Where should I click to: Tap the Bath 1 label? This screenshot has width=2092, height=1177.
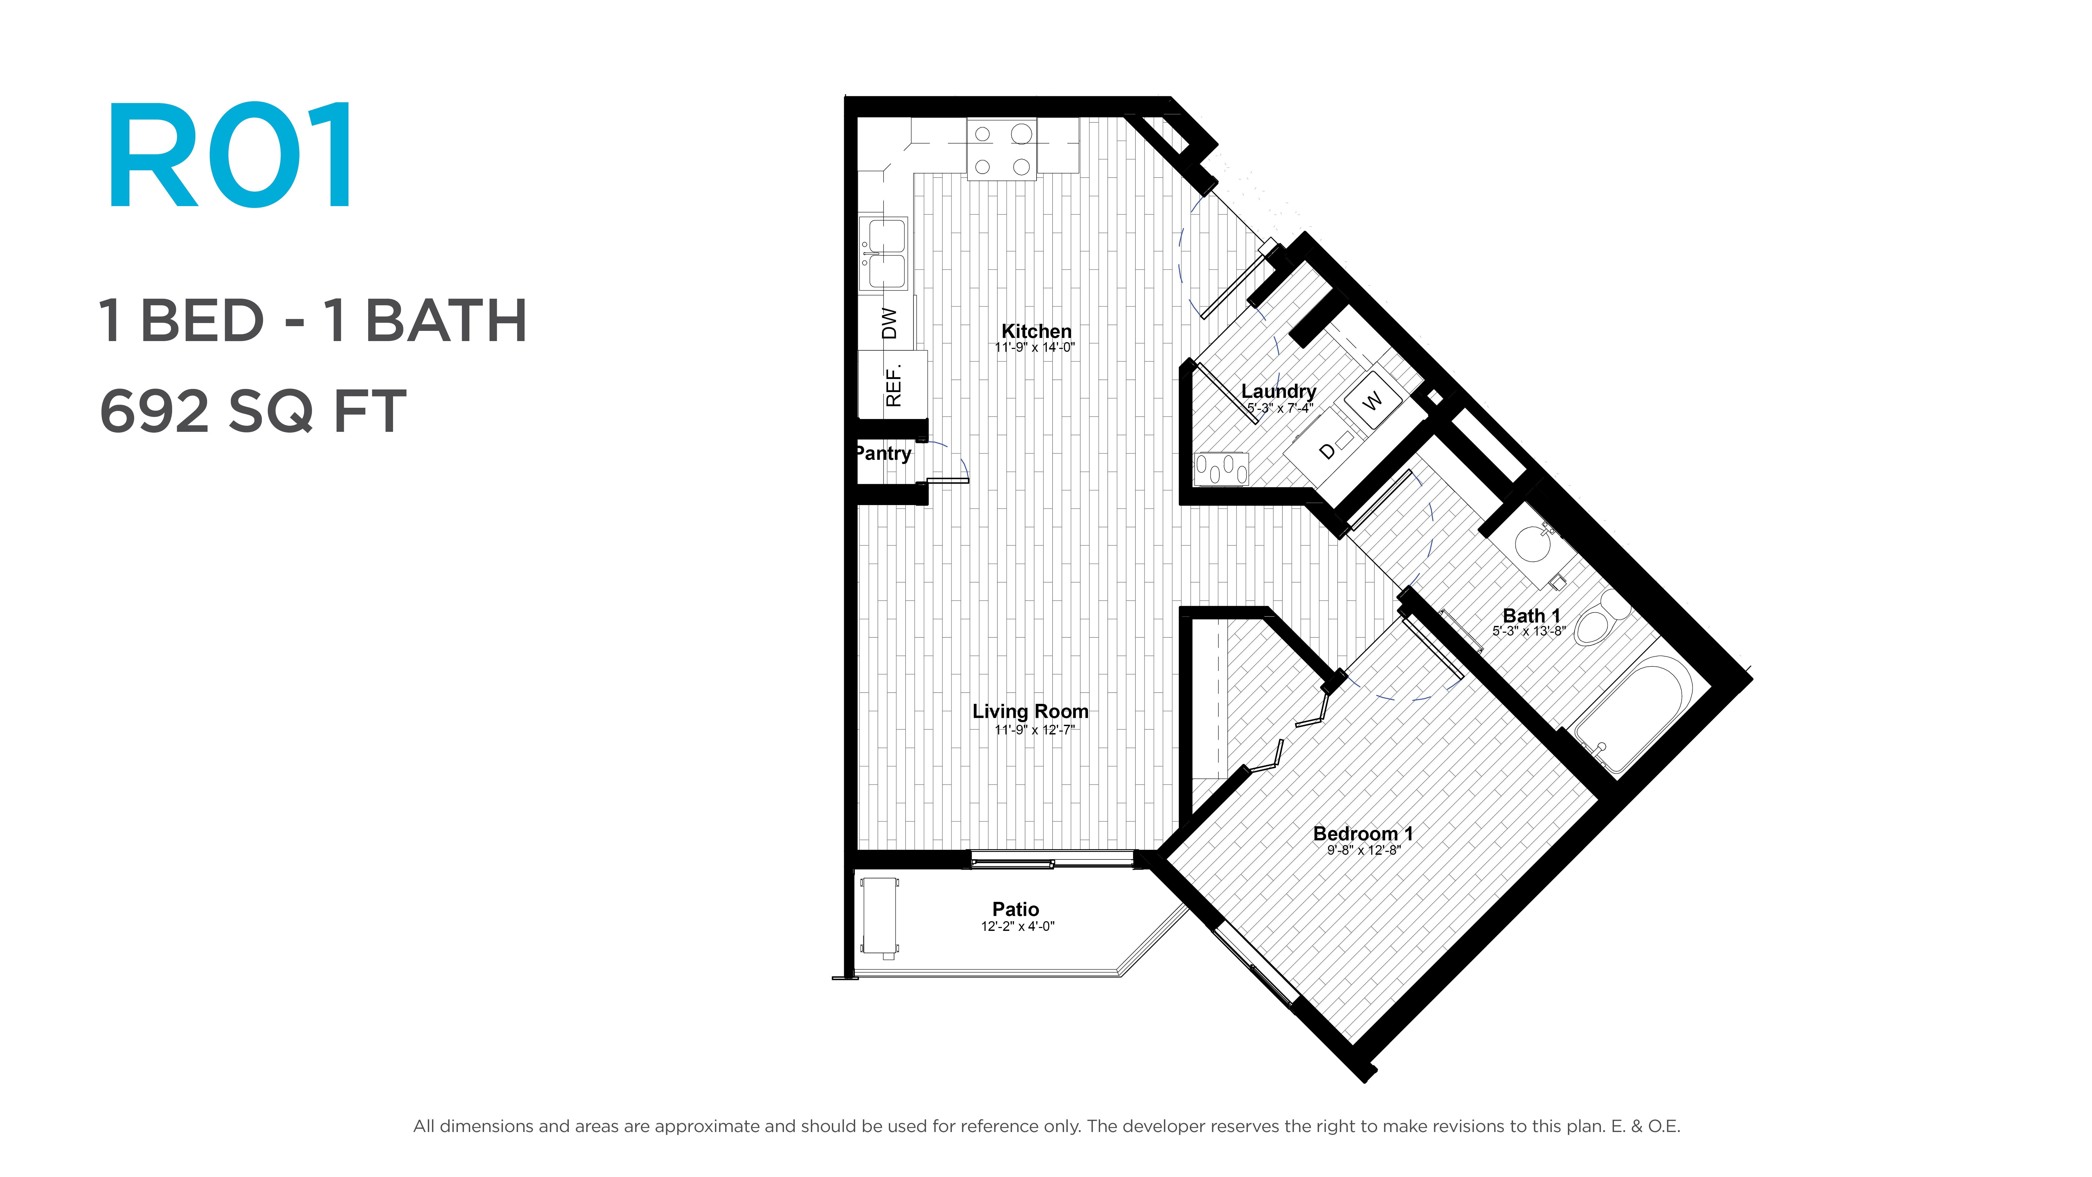click(x=1531, y=616)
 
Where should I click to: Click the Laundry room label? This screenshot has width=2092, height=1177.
click(x=1278, y=392)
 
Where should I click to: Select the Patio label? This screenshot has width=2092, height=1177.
click(x=1015, y=909)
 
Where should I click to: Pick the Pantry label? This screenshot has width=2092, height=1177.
click(x=884, y=453)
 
